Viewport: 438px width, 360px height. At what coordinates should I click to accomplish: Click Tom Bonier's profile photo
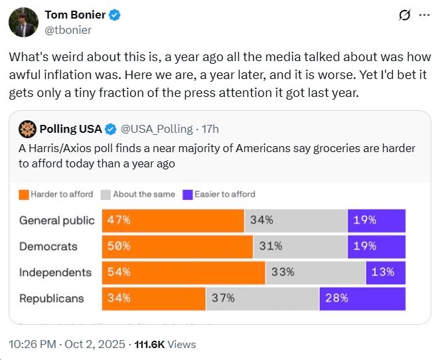pos(22,22)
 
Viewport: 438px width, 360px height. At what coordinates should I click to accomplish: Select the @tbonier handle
pos(68,30)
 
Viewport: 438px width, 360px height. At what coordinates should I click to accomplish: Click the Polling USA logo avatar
pos(27,128)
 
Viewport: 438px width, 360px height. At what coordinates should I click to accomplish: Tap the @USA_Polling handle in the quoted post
pos(157,128)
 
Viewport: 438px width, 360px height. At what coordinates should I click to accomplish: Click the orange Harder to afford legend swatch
pos(23,195)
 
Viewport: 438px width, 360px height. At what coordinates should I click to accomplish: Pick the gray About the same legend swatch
pos(106,195)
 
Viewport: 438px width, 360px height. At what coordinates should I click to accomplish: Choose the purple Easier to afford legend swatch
pos(187,195)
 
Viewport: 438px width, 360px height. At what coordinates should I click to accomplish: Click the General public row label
pos(56,221)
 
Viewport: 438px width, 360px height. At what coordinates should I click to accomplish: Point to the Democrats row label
pos(48,246)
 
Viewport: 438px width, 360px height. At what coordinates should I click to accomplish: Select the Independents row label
pos(55,272)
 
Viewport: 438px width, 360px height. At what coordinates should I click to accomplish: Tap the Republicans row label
pos(51,298)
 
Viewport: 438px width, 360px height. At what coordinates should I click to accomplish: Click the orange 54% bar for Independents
pos(183,272)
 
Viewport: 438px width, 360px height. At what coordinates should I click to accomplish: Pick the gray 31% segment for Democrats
pos(300,246)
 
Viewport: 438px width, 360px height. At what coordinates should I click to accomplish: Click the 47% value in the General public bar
pos(119,221)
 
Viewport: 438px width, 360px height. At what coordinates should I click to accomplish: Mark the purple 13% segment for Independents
pos(386,272)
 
